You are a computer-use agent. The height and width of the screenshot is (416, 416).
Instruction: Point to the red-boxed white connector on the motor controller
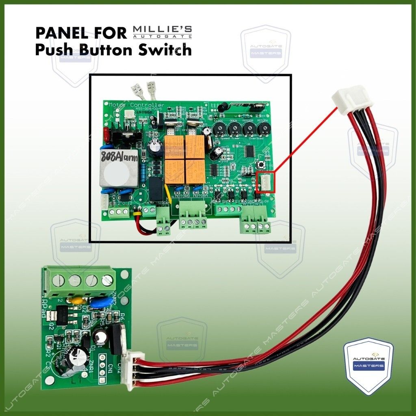[x=266, y=182]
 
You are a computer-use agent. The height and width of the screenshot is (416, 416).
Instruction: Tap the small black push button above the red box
[x=262, y=166]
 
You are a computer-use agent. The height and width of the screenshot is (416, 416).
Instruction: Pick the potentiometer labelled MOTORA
[x=263, y=129]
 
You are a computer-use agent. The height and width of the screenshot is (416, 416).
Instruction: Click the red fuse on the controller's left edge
[x=106, y=132]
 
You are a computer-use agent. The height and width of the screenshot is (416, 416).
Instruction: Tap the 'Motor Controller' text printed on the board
[x=136, y=105]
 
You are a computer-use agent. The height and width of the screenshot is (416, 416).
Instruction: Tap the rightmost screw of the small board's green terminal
[x=107, y=279]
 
